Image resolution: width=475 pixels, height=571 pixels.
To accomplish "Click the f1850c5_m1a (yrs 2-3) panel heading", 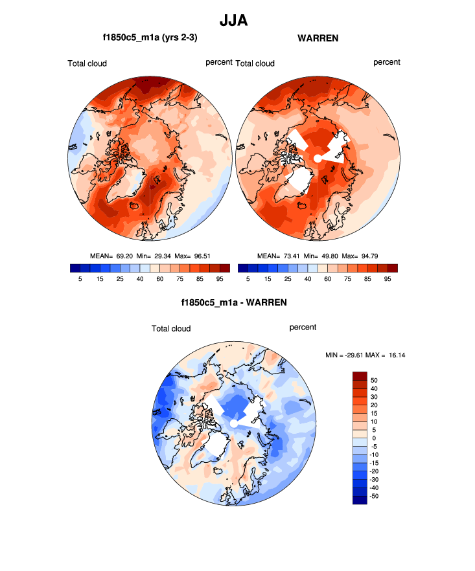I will pyautogui.click(x=150, y=38).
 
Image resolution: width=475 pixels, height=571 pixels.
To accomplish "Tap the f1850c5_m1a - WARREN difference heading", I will pyautogui.click(x=234, y=302).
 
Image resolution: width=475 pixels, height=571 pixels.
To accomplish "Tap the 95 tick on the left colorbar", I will pyautogui.click(x=220, y=279).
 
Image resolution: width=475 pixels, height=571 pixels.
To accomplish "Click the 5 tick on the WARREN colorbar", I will pyautogui.click(x=248, y=279).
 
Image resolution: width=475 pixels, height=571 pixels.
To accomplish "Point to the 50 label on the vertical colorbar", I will pyautogui.click(x=374, y=380).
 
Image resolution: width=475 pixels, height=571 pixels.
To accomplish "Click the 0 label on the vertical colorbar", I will pyautogui.click(x=374, y=438).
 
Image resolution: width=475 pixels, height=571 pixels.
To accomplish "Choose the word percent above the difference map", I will pyautogui.click(x=303, y=327).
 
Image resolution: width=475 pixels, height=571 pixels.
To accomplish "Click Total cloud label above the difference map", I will pyautogui.click(x=171, y=328).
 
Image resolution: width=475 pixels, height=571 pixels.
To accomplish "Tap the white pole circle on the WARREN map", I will pyautogui.click(x=318, y=158).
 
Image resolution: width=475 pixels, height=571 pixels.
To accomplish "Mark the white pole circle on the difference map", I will pyautogui.click(x=233, y=423).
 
